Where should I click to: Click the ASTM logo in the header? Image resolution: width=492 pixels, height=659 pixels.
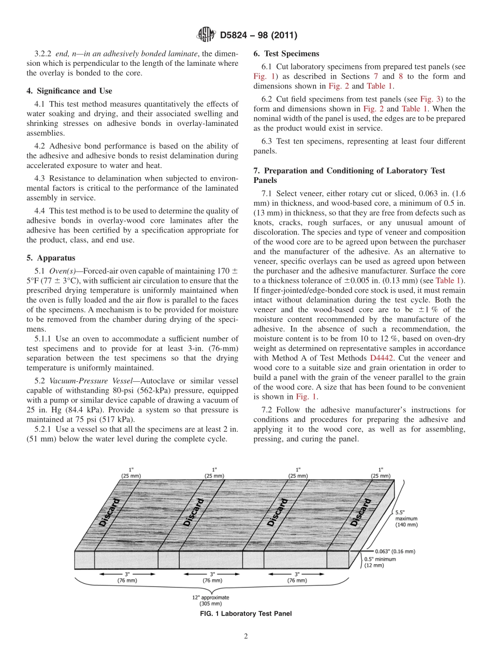pos(206,35)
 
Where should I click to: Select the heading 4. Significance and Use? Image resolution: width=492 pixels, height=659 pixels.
pos(69,91)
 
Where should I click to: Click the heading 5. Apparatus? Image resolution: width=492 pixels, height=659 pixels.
pos(51,258)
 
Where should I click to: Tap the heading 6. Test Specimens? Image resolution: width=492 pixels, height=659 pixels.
pos(286,53)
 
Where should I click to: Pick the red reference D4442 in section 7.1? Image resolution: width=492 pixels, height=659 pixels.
pos(381,358)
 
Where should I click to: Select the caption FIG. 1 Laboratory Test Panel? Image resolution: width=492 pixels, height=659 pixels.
pos(246,614)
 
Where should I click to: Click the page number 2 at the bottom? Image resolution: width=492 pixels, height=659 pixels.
pos(246,637)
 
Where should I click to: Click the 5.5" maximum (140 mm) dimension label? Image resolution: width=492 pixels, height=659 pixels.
pos(406,518)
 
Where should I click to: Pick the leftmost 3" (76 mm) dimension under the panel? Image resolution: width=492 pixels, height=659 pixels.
pos(127,577)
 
